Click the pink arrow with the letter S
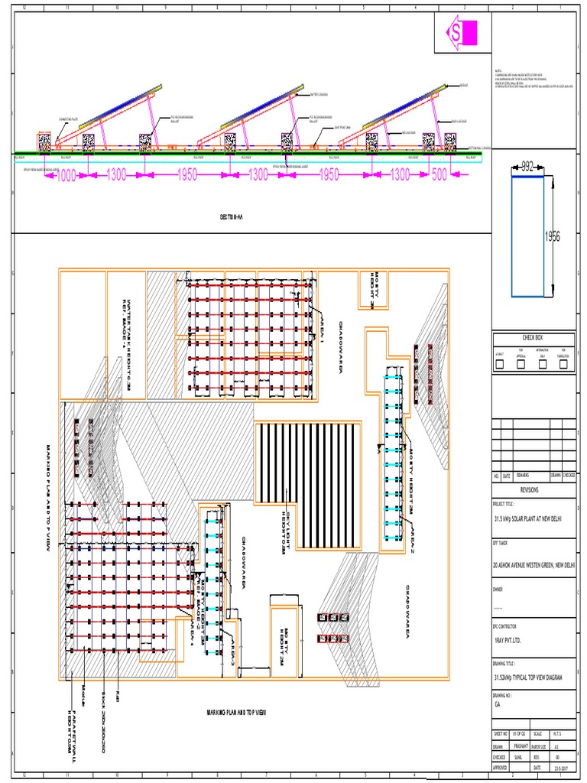point(462,33)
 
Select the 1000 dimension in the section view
point(66,176)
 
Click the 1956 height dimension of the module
point(553,237)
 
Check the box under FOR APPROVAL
point(521,365)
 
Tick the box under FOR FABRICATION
point(564,365)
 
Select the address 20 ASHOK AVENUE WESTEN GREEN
point(533,565)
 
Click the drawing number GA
point(498,703)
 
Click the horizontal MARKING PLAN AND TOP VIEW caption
point(236,713)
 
